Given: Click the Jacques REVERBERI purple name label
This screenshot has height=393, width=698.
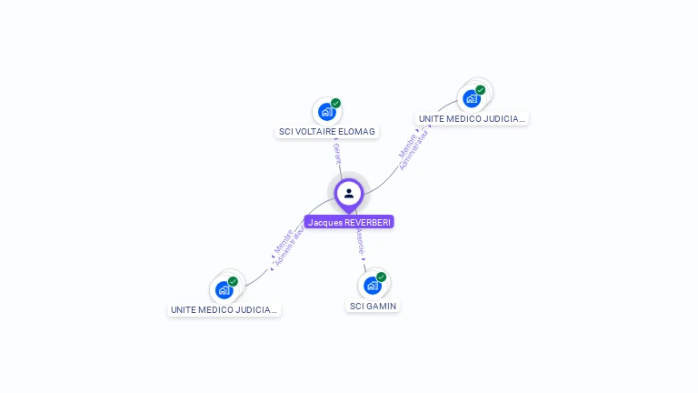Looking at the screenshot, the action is pos(349,222).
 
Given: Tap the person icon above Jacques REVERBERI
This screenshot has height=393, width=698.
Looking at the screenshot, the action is pos(349,193).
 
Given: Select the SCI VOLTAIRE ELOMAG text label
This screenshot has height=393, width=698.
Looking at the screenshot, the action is pos(326,132).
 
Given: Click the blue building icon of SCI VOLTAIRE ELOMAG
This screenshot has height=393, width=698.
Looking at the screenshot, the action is pos(326,112).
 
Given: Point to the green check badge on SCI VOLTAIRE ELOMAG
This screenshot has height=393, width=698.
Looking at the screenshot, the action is pos(335,104).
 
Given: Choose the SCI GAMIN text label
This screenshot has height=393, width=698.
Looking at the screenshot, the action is pos(374,306).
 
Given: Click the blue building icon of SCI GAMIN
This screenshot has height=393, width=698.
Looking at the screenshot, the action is pos(372,286).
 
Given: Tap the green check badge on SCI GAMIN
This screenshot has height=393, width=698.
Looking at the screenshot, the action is pos(381,277).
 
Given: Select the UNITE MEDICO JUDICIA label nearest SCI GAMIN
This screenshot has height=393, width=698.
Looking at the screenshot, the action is pos(224,309).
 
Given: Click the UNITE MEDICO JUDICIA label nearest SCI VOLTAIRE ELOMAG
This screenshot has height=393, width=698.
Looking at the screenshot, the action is pos(472,118).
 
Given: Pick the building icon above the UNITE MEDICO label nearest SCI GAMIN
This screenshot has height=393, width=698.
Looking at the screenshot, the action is pos(224,290).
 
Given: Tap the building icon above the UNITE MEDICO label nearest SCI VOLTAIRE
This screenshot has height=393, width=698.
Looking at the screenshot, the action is pos(472,98).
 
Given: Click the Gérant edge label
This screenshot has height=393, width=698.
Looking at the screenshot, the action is pos(336,153).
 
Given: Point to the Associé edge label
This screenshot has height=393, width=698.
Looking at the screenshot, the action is pos(360,241).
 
